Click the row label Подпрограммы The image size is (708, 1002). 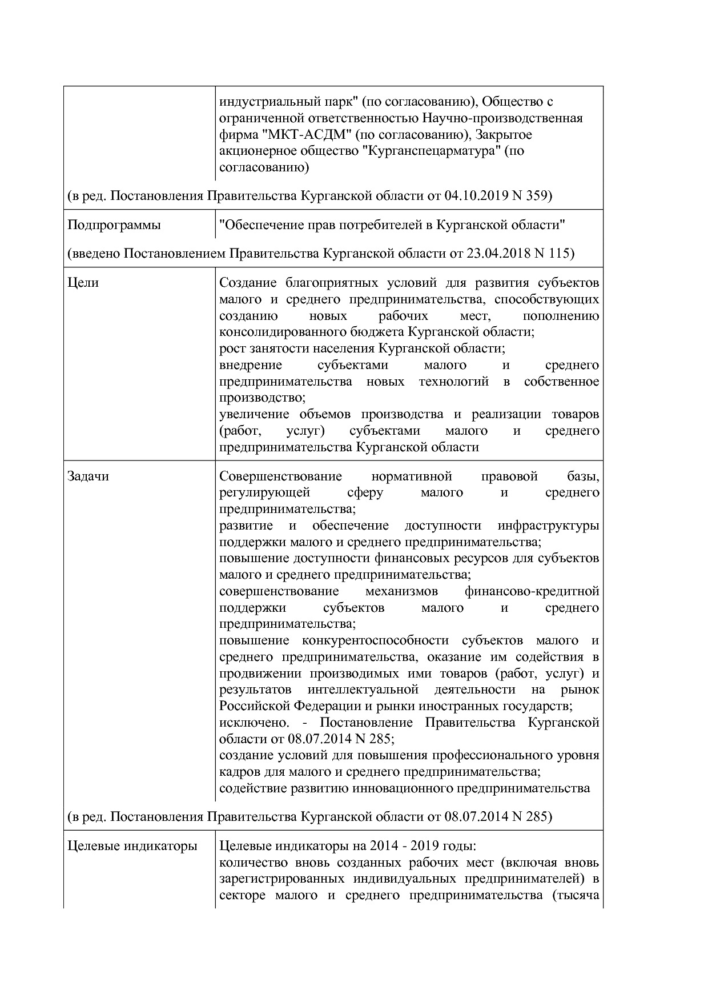(x=114, y=225)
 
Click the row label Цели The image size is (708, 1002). (x=83, y=283)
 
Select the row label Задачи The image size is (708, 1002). (x=88, y=476)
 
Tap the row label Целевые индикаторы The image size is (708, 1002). (x=132, y=846)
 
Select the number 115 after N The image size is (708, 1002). (x=560, y=253)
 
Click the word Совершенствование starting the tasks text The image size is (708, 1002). (x=280, y=476)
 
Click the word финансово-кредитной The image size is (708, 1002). (x=532, y=591)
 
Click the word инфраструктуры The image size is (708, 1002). (x=548, y=526)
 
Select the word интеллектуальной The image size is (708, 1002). (x=363, y=690)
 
